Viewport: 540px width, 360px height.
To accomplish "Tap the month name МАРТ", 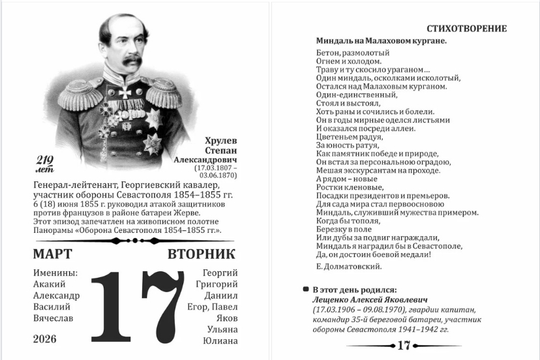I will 52,254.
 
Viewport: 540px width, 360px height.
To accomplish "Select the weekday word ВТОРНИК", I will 201,254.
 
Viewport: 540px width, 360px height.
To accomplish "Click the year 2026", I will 45,339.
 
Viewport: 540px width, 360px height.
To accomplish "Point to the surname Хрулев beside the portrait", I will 221,140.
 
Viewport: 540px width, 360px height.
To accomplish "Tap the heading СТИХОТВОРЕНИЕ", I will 466,29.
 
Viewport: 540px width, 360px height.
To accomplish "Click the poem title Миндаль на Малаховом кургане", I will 382,40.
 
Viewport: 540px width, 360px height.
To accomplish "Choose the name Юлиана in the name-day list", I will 220,340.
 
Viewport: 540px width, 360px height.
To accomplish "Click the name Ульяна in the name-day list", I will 221,329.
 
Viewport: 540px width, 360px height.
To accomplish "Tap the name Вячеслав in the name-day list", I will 53,318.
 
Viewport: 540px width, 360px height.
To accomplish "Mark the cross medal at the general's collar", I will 124,91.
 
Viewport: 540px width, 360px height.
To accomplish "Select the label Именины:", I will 55,273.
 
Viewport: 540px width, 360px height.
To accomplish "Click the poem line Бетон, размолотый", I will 353,52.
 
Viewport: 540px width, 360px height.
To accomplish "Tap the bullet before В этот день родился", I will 307,289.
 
